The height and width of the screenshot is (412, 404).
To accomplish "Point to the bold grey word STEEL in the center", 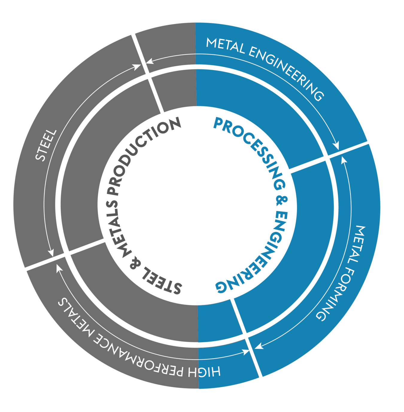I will pyautogui.click(x=162, y=282).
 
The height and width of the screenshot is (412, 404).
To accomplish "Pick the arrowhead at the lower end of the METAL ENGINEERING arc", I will pyautogui.click(x=337, y=147).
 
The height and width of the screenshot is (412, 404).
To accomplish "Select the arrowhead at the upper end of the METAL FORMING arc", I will pyautogui.click(x=343, y=159).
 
